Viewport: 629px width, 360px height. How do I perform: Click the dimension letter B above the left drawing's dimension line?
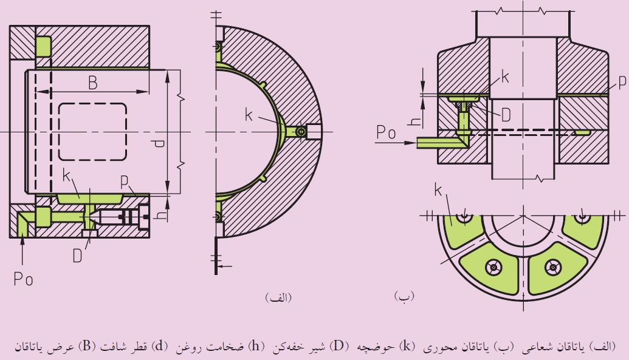point(92,83)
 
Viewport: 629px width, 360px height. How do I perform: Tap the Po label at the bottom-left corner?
point(23,279)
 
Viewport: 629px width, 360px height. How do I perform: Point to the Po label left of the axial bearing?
point(387,131)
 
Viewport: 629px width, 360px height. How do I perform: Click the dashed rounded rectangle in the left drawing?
point(92,131)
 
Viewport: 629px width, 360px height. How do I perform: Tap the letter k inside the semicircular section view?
point(249,115)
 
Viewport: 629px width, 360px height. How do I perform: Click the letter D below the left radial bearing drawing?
point(77,256)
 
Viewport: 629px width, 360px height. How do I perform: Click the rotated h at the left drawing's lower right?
point(159,215)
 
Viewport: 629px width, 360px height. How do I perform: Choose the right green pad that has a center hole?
point(552,265)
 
